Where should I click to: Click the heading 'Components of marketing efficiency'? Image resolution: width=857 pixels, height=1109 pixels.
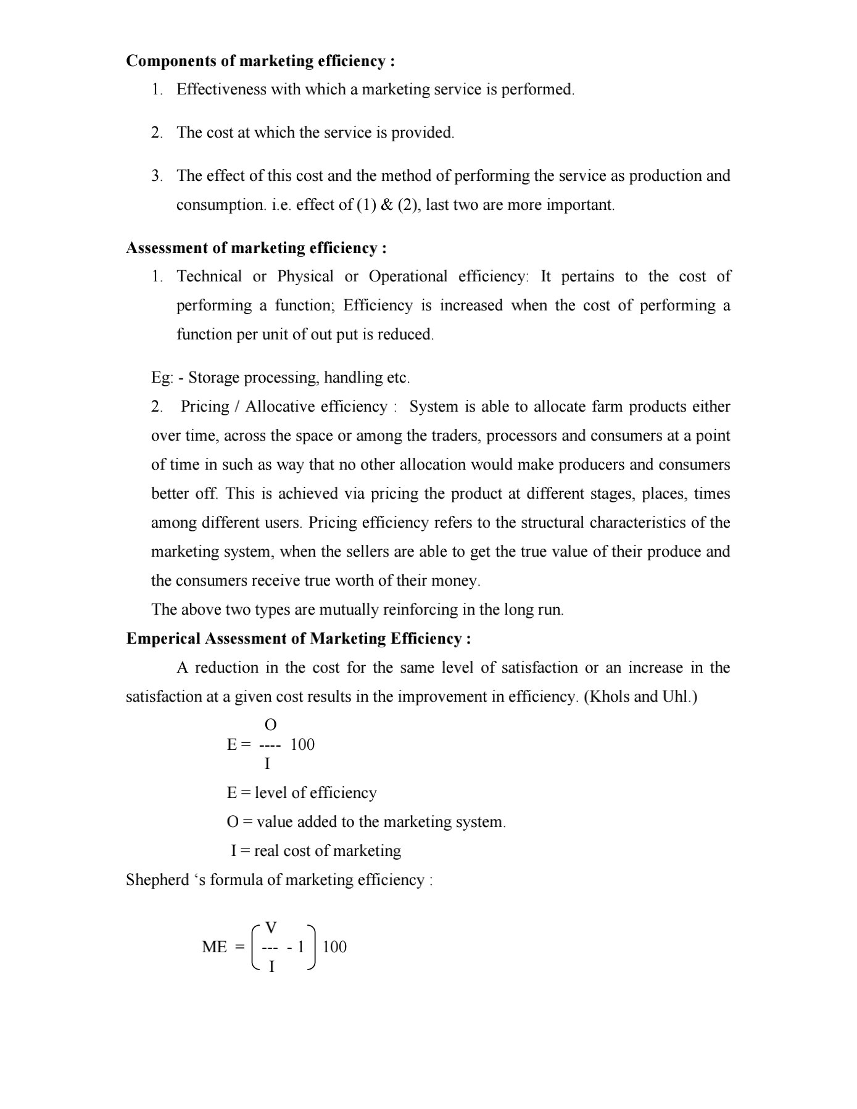click(260, 61)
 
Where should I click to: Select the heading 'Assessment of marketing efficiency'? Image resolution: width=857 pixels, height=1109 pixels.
click(256, 248)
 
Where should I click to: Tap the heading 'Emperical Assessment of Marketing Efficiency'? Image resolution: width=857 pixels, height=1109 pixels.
click(299, 639)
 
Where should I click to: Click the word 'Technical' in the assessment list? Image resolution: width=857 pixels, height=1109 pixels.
click(209, 276)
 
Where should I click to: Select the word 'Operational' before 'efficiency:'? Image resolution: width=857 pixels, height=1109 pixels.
click(408, 276)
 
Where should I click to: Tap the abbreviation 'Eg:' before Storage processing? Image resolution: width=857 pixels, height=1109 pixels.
click(162, 378)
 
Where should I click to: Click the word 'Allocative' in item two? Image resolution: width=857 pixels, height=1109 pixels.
click(280, 407)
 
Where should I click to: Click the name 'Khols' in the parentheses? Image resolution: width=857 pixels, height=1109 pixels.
click(608, 697)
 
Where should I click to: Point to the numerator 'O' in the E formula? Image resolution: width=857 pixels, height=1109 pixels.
click(270, 725)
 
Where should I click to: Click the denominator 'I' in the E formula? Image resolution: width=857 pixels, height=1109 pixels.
click(267, 764)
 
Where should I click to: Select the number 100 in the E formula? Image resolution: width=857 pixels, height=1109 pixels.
click(302, 745)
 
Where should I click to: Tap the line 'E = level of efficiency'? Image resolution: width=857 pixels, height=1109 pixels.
click(302, 793)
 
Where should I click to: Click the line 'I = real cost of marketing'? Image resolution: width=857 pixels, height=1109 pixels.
click(316, 851)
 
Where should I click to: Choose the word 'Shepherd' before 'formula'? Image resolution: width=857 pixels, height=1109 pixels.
click(157, 880)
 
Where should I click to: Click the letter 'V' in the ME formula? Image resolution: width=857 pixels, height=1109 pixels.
click(270, 928)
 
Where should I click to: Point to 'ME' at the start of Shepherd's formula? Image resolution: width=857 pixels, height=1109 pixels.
click(214, 947)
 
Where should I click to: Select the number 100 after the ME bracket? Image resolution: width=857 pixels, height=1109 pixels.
click(334, 947)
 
